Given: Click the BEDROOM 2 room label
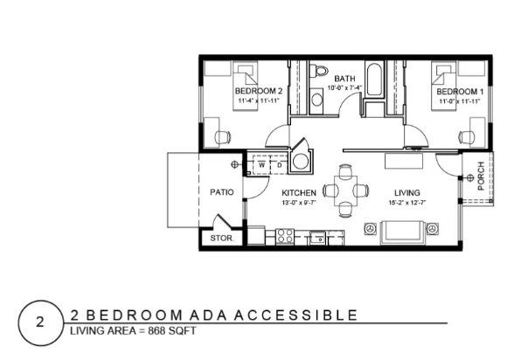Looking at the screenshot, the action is click(259, 91).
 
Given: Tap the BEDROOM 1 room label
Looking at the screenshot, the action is click(460, 92).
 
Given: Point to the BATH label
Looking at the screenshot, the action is click(344, 79).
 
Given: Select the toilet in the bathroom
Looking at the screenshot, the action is click(319, 71).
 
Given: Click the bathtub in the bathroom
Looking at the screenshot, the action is click(375, 80).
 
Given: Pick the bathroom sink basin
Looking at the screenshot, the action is click(316, 100).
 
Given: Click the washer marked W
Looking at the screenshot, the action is click(261, 165).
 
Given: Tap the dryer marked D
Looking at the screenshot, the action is click(279, 165).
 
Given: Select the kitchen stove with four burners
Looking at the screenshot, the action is click(285, 236).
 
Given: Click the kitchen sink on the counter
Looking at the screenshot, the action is click(317, 238).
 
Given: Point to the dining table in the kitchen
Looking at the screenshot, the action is click(346, 190).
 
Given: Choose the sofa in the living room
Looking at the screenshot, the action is click(402, 232).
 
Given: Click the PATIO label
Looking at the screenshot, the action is click(221, 192).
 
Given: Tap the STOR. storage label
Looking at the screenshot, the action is click(221, 239).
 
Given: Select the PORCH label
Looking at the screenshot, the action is click(481, 176).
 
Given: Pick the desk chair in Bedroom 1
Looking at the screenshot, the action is click(467, 137).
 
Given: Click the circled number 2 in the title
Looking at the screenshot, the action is click(40, 322).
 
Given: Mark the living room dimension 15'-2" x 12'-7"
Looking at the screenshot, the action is click(407, 203).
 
